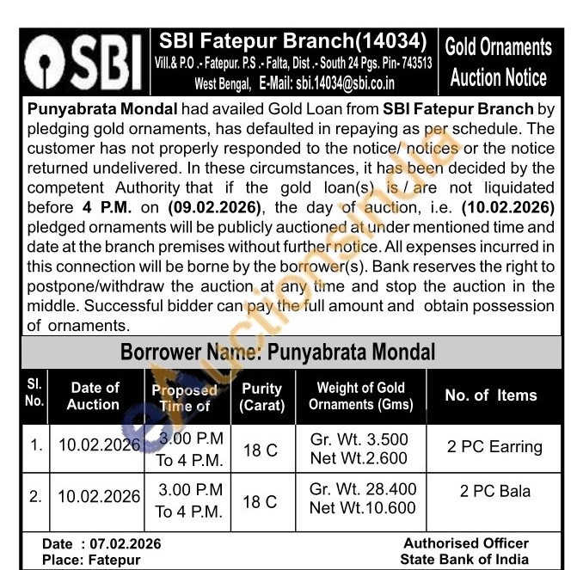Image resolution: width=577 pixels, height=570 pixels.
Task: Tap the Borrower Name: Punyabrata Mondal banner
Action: click(278, 352)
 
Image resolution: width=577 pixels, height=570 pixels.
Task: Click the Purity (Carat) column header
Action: click(262, 396)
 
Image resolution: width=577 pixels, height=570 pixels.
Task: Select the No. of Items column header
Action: click(490, 395)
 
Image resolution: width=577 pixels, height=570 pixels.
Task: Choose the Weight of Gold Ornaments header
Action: click(360, 396)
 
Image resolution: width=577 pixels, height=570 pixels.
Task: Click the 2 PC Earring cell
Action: click(494, 447)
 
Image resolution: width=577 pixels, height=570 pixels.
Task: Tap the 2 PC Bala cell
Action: click(494, 493)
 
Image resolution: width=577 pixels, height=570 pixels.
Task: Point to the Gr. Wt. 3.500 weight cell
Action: click(359, 439)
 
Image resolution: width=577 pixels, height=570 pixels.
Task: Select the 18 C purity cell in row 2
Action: click(261, 501)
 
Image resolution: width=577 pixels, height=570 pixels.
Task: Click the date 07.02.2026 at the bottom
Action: click(126, 544)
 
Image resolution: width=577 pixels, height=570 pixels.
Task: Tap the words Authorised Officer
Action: click(466, 543)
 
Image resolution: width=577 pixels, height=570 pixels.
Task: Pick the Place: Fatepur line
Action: click(91, 560)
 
